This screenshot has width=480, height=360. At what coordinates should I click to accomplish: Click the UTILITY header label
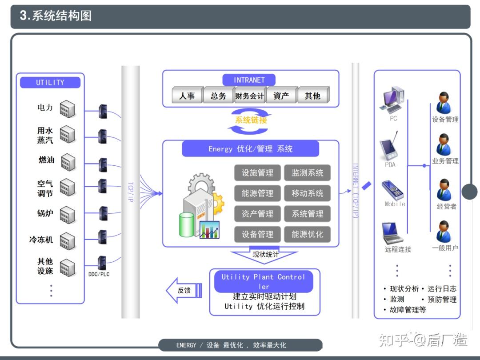pos(50,83)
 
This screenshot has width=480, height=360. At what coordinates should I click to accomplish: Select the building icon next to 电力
pos(68,108)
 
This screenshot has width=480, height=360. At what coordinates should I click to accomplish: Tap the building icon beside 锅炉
pos(68,215)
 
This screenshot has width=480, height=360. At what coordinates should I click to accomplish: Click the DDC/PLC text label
pos(99,274)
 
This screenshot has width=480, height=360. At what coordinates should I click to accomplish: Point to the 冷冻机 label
pos(41,240)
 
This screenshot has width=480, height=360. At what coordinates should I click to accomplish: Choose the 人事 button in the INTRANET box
pos(187,96)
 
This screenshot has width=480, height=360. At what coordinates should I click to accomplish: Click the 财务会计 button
pos(250,96)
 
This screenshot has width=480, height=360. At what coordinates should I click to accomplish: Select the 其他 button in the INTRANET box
pos(312,96)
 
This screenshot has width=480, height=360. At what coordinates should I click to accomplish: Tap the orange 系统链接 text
pos(251,120)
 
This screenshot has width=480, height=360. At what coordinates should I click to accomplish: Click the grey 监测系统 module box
pos(308,173)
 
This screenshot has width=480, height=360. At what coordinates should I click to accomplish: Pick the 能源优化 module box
pos(308,234)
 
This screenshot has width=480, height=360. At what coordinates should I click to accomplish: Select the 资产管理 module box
pos(257,214)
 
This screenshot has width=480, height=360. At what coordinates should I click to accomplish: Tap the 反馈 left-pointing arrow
pos(184,291)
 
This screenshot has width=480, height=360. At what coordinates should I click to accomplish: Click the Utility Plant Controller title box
pos(264,281)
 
